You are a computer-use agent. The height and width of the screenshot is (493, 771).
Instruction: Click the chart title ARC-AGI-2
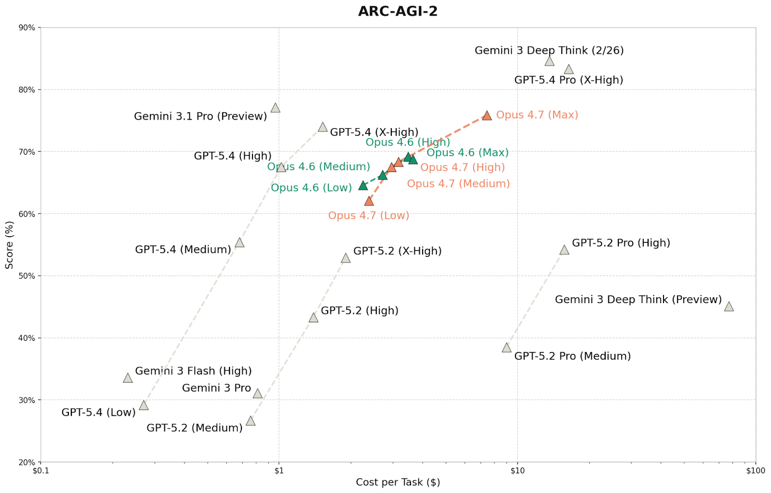[x=398, y=11]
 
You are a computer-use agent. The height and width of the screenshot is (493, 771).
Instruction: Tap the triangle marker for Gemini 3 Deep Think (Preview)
[x=729, y=307]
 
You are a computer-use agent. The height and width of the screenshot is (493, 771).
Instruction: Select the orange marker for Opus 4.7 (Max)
[x=487, y=116]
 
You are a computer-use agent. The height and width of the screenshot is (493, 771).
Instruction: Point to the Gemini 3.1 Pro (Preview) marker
[x=275, y=108]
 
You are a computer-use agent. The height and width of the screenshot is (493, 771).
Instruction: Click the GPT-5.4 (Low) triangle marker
[x=144, y=406]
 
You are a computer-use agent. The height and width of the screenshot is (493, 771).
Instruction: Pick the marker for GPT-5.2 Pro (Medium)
[x=506, y=348]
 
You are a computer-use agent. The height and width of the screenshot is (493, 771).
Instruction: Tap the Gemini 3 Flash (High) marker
[x=128, y=378]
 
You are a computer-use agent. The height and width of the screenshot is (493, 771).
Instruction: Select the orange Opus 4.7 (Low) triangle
[x=369, y=201]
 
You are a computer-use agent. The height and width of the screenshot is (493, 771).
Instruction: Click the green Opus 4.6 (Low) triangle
[x=363, y=186]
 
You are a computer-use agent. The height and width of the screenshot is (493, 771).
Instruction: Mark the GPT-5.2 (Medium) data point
[x=251, y=421]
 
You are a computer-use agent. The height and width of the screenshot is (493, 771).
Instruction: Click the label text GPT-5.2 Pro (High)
[x=621, y=243]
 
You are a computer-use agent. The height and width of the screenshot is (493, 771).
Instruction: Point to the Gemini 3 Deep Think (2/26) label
[x=549, y=51]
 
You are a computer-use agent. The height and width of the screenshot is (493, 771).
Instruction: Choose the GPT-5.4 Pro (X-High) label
[x=569, y=80]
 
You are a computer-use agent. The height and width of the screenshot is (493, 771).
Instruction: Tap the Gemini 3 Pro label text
[x=216, y=388]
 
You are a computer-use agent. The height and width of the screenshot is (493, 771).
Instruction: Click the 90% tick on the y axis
[x=27, y=28]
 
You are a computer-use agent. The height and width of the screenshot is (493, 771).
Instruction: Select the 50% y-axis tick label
[x=27, y=276]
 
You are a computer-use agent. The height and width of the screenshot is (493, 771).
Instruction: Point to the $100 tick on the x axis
[x=755, y=471]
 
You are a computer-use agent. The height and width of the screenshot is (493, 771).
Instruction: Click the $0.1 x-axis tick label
[x=40, y=471]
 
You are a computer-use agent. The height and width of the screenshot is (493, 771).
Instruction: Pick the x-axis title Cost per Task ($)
[x=398, y=482]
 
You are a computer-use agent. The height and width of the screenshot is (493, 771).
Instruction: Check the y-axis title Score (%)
[x=9, y=245]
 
